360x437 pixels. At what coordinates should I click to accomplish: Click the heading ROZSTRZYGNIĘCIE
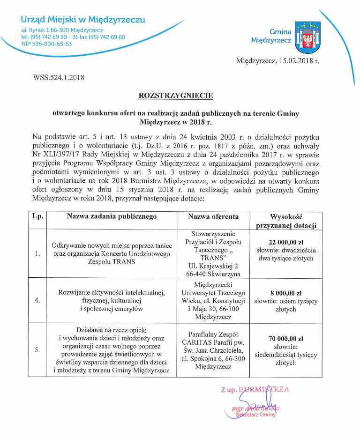[176, 96]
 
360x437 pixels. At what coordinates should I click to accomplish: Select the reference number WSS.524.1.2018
[58, 77]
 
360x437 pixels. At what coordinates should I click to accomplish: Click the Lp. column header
[37, 217]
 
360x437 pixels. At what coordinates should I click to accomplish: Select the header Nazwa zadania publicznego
[112, 217]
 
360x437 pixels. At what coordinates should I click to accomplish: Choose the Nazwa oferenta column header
[213, 217]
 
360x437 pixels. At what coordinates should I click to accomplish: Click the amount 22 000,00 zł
[286, 242]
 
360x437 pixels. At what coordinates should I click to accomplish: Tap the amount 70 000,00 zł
[286, 338]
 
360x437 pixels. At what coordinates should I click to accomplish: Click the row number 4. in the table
[37, 301]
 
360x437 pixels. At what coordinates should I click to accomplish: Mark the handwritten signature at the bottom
[253, 402]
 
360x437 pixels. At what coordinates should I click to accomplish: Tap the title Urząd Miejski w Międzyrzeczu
[83, 20]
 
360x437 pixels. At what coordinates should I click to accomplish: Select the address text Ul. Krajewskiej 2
[213, 266]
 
